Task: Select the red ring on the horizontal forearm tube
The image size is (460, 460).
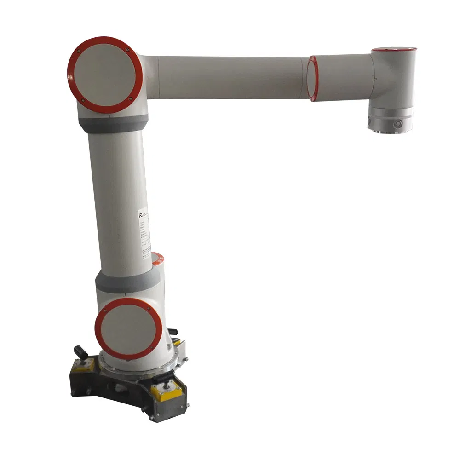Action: (313, 78)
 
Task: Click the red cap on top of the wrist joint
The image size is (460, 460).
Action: (394, 49)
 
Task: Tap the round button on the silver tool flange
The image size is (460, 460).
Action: (397, 123)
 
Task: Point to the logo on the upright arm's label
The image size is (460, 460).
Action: (141, 215)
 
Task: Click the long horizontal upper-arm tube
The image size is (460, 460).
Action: (230, 77)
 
